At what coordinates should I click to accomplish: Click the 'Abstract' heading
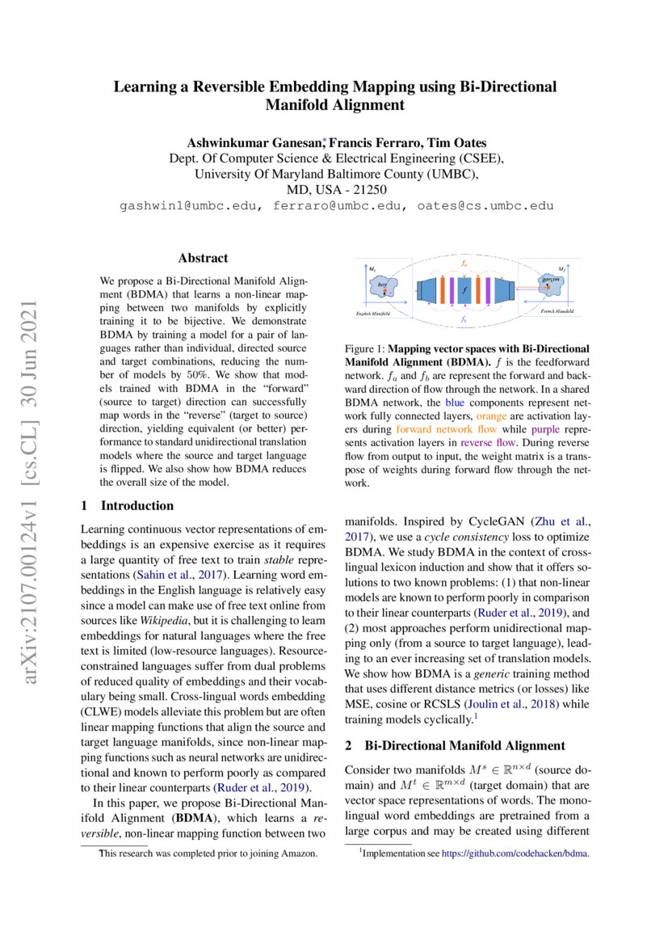[203, 259]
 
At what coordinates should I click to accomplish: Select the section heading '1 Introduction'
[128, 506]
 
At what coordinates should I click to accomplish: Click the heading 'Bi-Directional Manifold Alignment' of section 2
[464, 745]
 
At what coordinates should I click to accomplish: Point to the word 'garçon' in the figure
[552, 277]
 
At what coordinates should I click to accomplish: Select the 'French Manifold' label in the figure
[557, 311]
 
